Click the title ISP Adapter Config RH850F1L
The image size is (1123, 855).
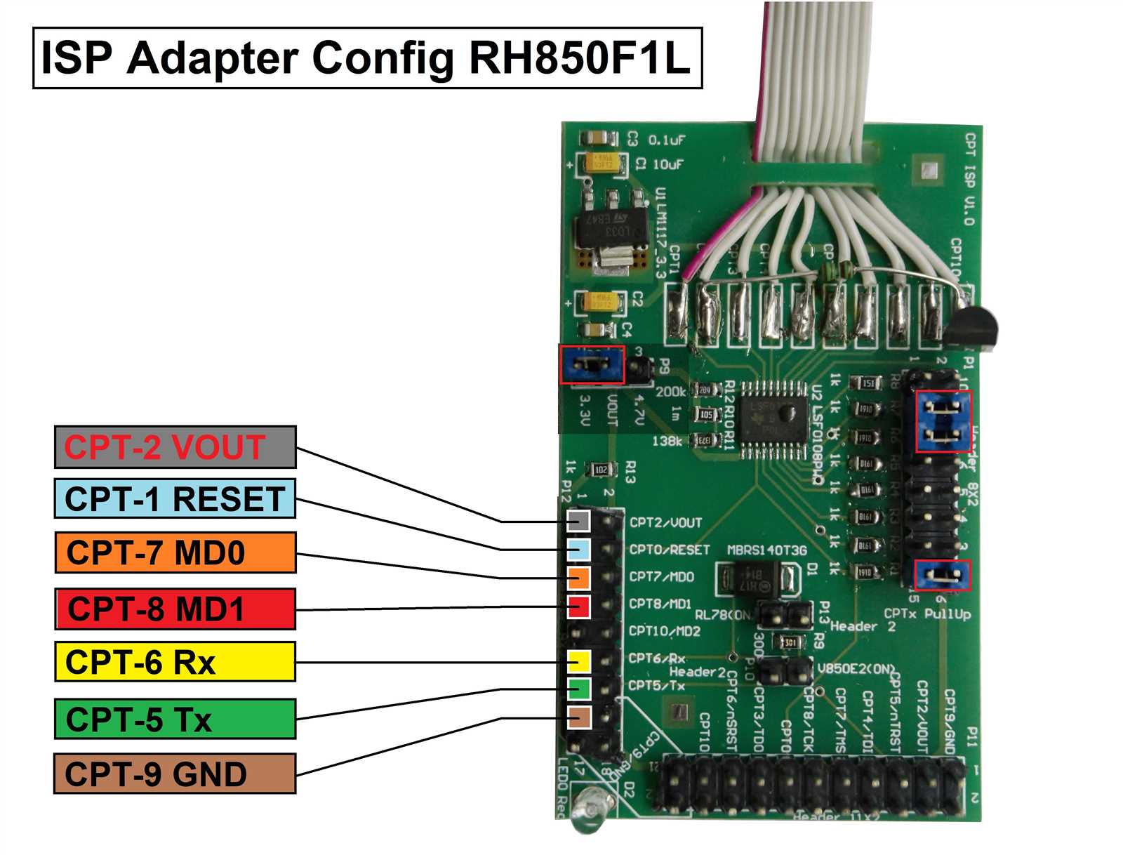(367, 58)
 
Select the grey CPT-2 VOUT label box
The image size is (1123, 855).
(175, 447)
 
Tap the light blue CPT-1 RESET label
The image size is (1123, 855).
(175, 499)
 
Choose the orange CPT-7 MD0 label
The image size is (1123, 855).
(175, 552)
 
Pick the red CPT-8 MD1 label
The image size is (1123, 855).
(175, 609)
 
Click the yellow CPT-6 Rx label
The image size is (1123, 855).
(175, 662)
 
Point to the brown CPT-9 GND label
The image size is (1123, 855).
(175, 774)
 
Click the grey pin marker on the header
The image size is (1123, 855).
(578, 521)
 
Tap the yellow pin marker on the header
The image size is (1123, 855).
(579, 661)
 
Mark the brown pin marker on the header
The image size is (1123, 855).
(579, 717)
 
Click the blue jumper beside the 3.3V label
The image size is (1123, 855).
(592, 365)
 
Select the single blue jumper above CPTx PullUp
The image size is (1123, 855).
(943, 576)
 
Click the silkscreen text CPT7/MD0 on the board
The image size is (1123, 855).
(661, 577)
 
